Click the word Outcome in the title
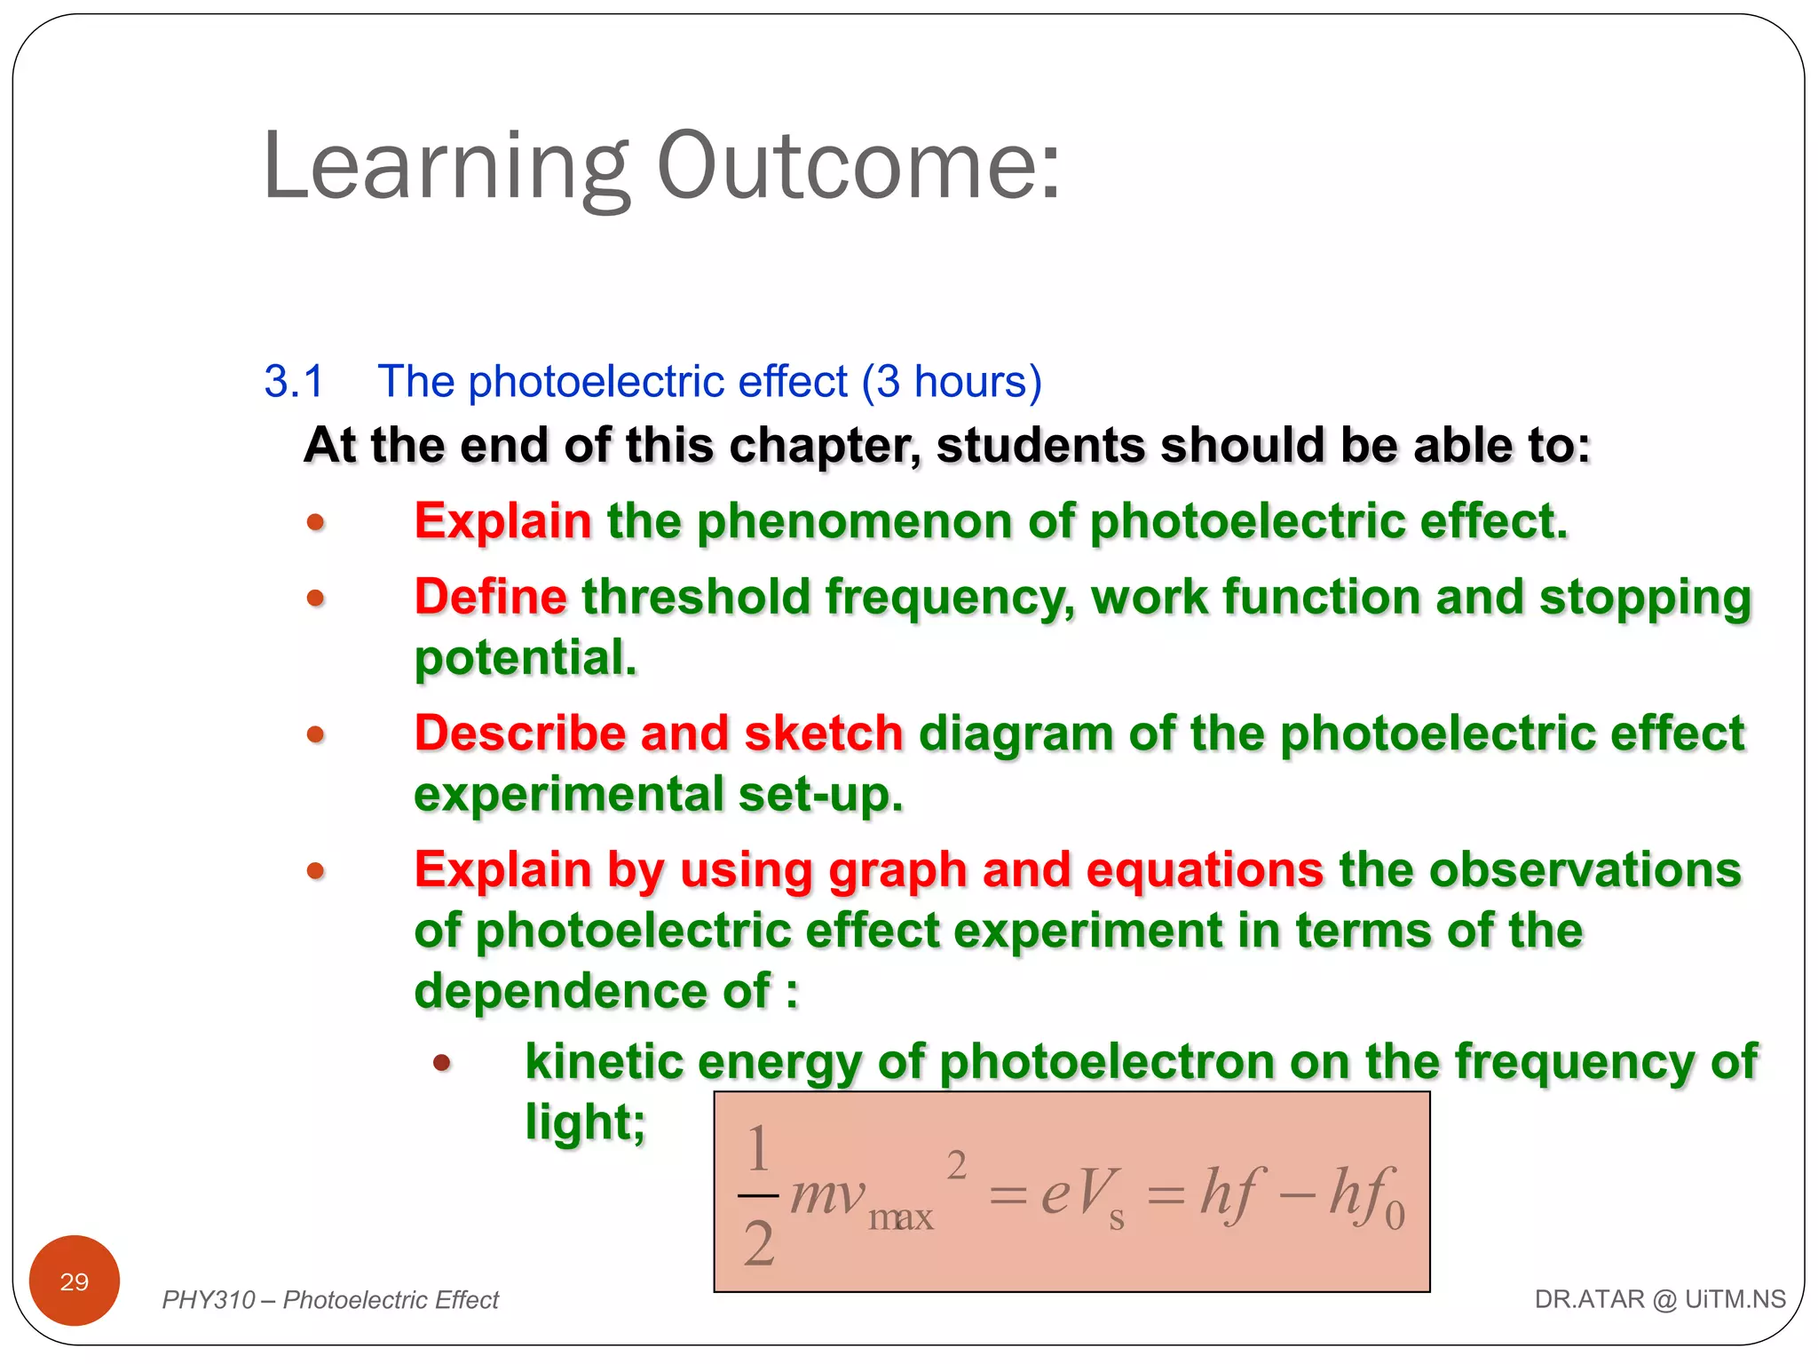(857, 167)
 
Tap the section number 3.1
(294, 382)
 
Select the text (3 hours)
(952, 382)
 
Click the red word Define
(490, 596)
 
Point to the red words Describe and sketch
(658, 734)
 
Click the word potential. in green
(526, 658)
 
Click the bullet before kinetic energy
(442, 1062)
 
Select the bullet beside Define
(315, 598)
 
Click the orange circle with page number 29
(75, 1281)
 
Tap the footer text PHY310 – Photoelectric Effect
(330, 1300)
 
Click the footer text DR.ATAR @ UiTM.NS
(1659, 1299)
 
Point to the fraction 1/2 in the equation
(758, 1194)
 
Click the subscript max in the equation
(900, 1217)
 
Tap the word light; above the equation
(585, 1122)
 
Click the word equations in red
(1205, 869)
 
